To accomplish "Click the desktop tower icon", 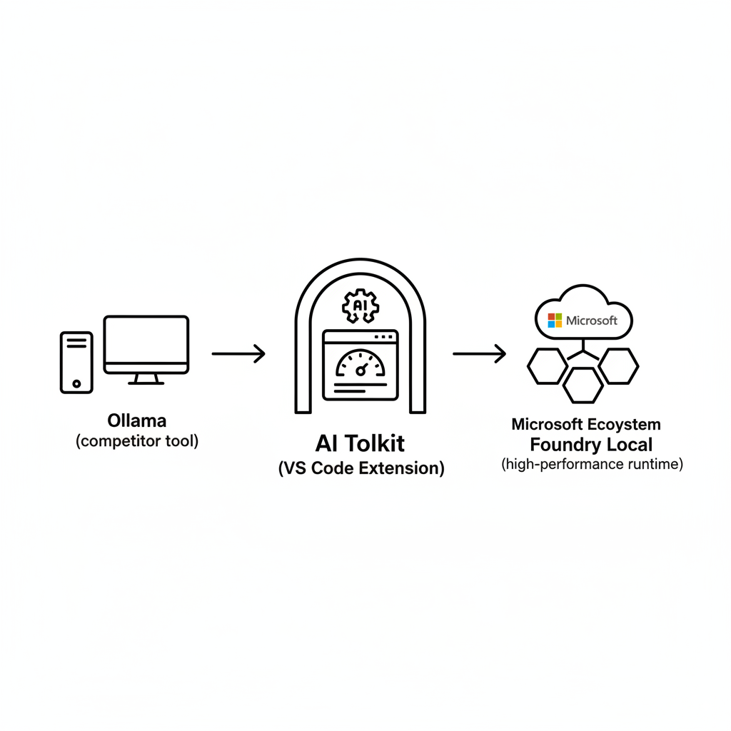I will [x=76, y=362].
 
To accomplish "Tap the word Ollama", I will [x=136, y=420].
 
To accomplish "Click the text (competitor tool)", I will [x=137, y=441].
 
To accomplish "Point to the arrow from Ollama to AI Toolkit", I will [x=238, y=353].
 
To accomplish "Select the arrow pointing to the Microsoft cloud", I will [x=479, y=353].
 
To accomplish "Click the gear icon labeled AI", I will [x=360, y=306].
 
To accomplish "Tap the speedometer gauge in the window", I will [x=361, y=364].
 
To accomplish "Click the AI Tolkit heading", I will [x=361, y=443].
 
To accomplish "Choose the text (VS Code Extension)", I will [x=361, y=468].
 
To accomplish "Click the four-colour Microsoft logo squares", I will [x=555, y=321].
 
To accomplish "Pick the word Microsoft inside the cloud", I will [x=592, y=321].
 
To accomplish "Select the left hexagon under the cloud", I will [x=547, y=366].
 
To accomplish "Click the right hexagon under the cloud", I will [x=618, y=366].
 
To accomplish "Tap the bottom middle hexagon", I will [x=583, y=385].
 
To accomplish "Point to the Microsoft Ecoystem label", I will [x=586, y=424].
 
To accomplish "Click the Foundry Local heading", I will [x=591, y=444].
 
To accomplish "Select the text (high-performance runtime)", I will [x=592, y=465].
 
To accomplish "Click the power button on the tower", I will [x=76, y=383].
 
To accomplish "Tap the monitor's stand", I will [x=146, y=378].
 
